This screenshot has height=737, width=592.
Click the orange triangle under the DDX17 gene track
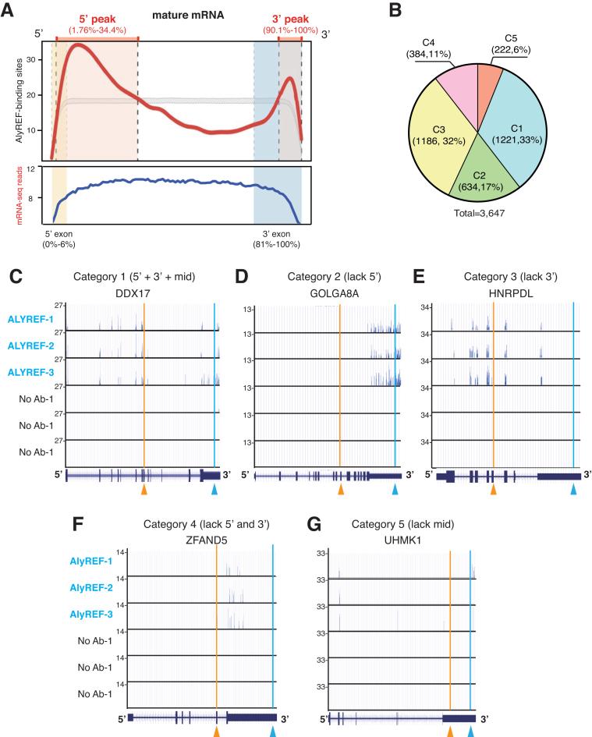tap(144, 490)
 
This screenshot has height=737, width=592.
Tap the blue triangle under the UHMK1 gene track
tap(470, 731)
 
